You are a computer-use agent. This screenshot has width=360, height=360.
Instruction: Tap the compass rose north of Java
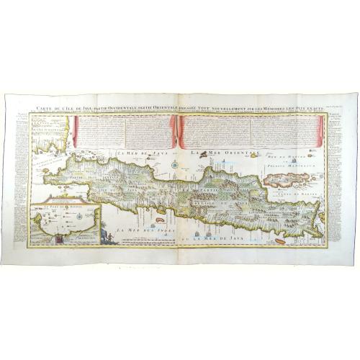pyautogui.click(x=175, y=164)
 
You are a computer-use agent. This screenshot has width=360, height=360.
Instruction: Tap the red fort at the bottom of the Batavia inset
pyautogui.click(x=56, y=240)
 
